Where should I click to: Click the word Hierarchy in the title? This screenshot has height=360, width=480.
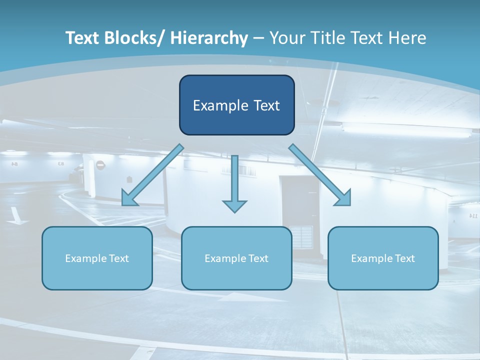coord(209,38)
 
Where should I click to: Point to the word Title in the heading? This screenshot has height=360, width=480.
coord(330,38)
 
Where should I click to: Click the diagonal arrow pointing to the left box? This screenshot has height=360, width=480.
coord(152,174)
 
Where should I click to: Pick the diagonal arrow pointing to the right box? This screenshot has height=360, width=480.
coord(320,175)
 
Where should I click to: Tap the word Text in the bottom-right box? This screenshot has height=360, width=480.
coord(404,258)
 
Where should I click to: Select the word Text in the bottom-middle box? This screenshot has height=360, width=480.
coord(258,258)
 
